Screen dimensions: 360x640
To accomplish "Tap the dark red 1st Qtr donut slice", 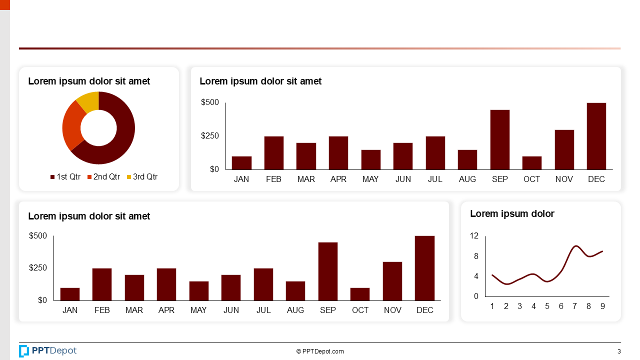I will click(x=122, y=135).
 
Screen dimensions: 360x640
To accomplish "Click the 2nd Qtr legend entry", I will click(x=103, y=177).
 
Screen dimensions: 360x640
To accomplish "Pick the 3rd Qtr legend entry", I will click(x=142, y=177).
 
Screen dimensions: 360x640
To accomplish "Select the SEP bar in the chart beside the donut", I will click(x=499, y=139).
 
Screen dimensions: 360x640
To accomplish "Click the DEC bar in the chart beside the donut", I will click(x=596, y=136).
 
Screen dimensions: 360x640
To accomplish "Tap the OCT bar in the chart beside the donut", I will click(x=531, y=163).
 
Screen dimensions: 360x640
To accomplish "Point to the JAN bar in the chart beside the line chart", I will click(x=70, y=294).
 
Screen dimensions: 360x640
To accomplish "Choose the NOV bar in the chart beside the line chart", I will click(x=392, y=281).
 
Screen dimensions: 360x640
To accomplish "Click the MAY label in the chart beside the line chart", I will click(x=198, y=310).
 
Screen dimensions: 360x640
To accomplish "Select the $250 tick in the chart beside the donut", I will click(x=210, y=136).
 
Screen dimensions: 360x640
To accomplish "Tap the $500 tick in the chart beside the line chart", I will click(x=38, y=236).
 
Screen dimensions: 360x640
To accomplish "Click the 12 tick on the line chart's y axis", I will click(x=474, y=236).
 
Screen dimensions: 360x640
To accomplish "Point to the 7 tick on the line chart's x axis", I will click(x=575, y=306).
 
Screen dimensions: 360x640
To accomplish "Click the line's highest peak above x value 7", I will click(x=576, y=246).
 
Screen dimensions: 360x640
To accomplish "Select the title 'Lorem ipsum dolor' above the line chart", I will click(x=512, y=214).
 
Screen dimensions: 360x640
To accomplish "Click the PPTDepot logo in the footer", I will click(x=48, y=351).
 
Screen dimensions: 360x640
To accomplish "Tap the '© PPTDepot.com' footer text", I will click(x=320, y=351).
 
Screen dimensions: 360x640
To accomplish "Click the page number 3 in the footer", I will click(x=619, y=351).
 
